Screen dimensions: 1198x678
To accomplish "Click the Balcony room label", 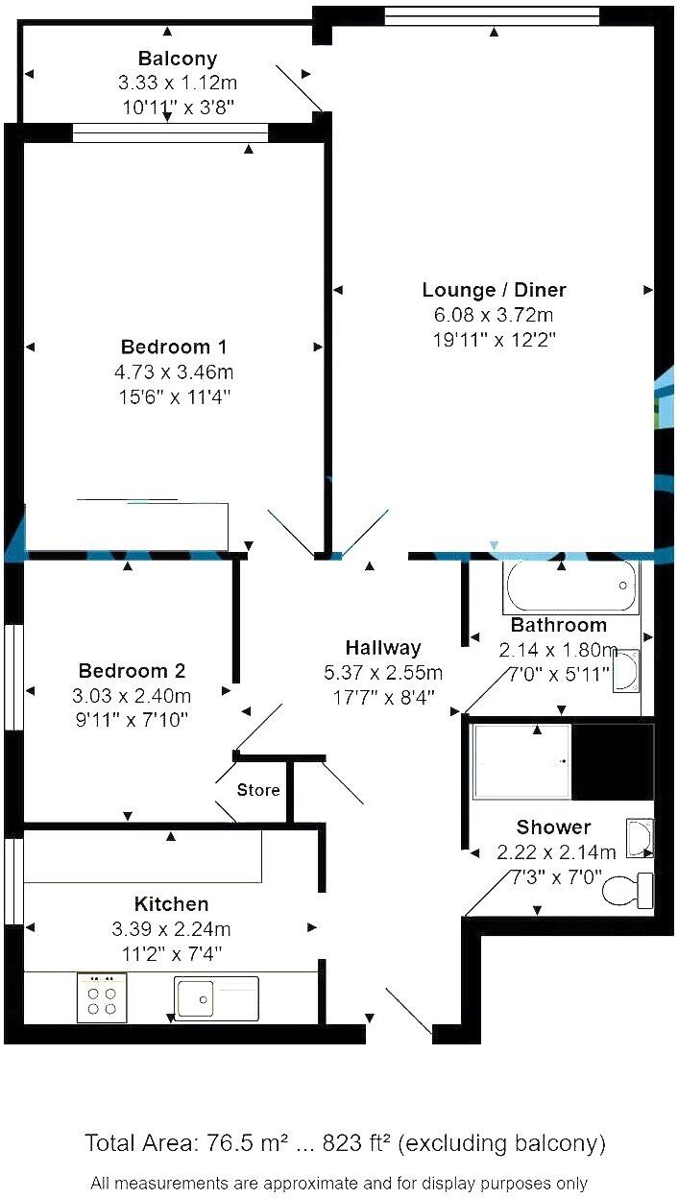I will click(x=178, y=59).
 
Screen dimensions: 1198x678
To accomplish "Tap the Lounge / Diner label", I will click(x=494, y=290).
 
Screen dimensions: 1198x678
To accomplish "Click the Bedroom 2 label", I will click(x=132, y=671).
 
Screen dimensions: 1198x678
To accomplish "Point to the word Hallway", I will click(x=383, y=648).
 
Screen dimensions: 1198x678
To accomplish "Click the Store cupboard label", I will click(x=258, y=790).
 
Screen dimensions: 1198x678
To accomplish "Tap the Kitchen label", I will click(x=171, y=904).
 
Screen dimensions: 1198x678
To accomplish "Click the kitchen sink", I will click(x=216, y=997).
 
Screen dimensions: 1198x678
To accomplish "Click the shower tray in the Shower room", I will click(x=521, y=761).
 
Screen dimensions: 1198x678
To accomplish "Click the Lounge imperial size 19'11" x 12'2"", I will click(x=494, y=338).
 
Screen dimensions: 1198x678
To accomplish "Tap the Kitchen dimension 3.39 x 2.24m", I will click(x=171, y=928).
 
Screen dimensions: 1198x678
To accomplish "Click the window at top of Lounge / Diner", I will click(x=492, y=15).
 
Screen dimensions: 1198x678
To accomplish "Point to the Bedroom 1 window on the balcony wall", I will click(x=170, y=133).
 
